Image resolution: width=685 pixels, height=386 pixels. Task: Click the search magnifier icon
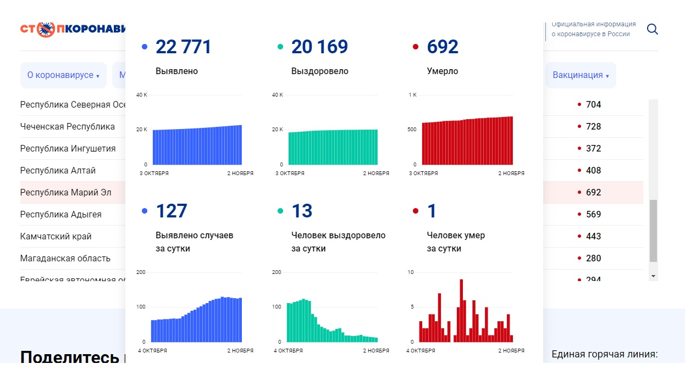652,29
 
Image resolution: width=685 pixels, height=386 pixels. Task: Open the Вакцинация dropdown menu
581,75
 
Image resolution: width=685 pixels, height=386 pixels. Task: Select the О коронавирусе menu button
63,75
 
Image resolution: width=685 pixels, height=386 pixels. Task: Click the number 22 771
183,47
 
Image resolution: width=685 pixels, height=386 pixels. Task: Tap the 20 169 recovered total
319,47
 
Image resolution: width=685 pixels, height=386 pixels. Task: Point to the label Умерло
442,71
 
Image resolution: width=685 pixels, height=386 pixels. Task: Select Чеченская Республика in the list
68,127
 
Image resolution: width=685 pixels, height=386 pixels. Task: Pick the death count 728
593,127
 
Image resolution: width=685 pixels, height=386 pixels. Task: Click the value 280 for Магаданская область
593,259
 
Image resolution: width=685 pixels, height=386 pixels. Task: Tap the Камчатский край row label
56,237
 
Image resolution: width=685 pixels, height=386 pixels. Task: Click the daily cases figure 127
172,211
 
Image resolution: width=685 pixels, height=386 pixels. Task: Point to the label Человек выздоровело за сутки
338,242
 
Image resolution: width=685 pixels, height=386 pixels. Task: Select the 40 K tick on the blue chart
142,95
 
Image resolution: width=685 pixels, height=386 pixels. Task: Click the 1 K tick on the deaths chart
412,95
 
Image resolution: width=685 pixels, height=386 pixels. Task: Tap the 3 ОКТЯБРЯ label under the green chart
290,174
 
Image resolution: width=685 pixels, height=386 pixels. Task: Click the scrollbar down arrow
653,276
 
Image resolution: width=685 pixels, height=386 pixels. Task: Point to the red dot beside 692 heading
416,47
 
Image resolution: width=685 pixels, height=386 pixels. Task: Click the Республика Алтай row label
58,171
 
